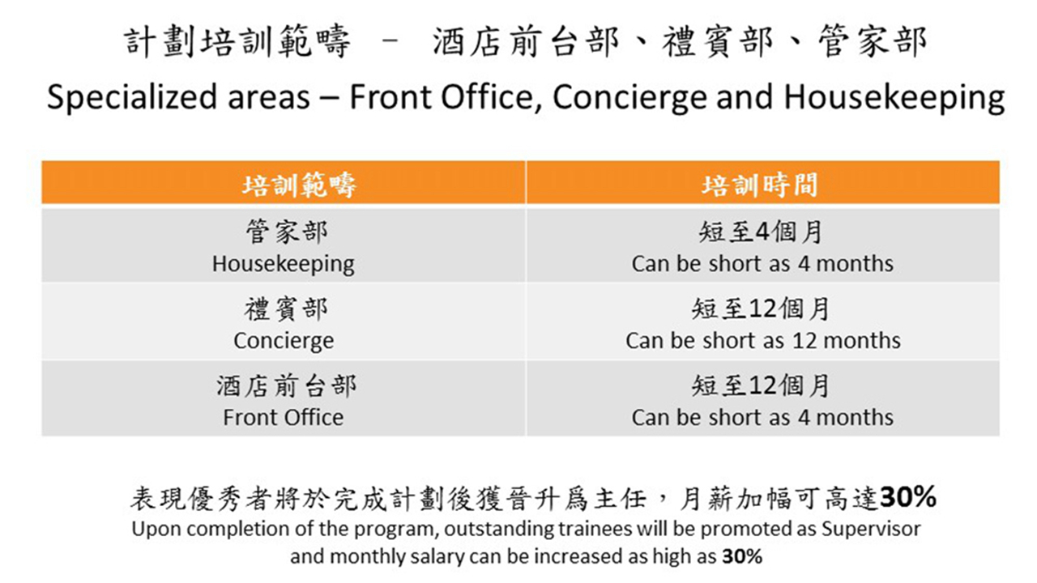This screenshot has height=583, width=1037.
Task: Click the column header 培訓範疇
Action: [x=299, y=185]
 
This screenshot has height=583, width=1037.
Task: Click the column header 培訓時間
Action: [x=760, y=185]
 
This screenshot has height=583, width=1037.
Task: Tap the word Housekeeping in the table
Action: [x=284, y=265]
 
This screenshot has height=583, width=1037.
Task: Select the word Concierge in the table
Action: [x=284, y=342]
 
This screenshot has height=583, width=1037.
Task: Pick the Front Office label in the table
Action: [x=284, y=417]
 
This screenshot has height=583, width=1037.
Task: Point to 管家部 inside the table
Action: [x=287, y=232]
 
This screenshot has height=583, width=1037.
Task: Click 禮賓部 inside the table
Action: [x=286, y=309]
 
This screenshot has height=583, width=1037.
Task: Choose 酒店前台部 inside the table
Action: [x=287, y=386]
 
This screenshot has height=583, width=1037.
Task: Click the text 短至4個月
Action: [x=761, y=232]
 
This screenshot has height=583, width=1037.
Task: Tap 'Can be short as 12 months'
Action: [x=763, y=341]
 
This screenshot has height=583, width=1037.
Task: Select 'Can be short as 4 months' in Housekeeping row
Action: [x=762, y=264]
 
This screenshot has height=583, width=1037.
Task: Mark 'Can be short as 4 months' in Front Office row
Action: [x=762, y=417]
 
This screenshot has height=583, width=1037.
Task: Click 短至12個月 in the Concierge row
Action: [x=761, y=309]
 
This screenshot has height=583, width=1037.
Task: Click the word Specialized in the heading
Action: [x=132, y=98]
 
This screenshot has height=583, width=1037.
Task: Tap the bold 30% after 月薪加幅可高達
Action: [x=908, y=497]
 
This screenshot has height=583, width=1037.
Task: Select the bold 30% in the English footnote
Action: [x=742, y=556]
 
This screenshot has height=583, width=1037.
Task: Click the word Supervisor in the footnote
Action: [x=871, y=529]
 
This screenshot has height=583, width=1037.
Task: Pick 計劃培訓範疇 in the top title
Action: [x=237, y=41]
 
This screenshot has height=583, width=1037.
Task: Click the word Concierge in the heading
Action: [x=630, y=98]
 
